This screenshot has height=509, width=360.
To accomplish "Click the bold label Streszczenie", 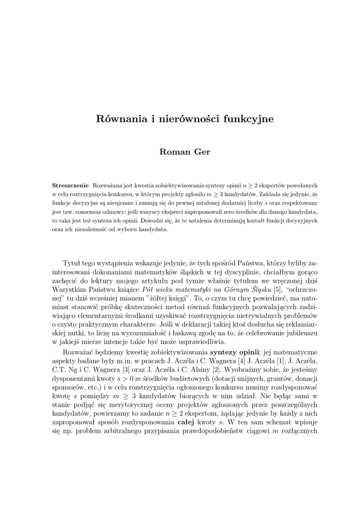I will click(71, 185).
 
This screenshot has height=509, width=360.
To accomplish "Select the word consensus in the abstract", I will click(85, 212).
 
